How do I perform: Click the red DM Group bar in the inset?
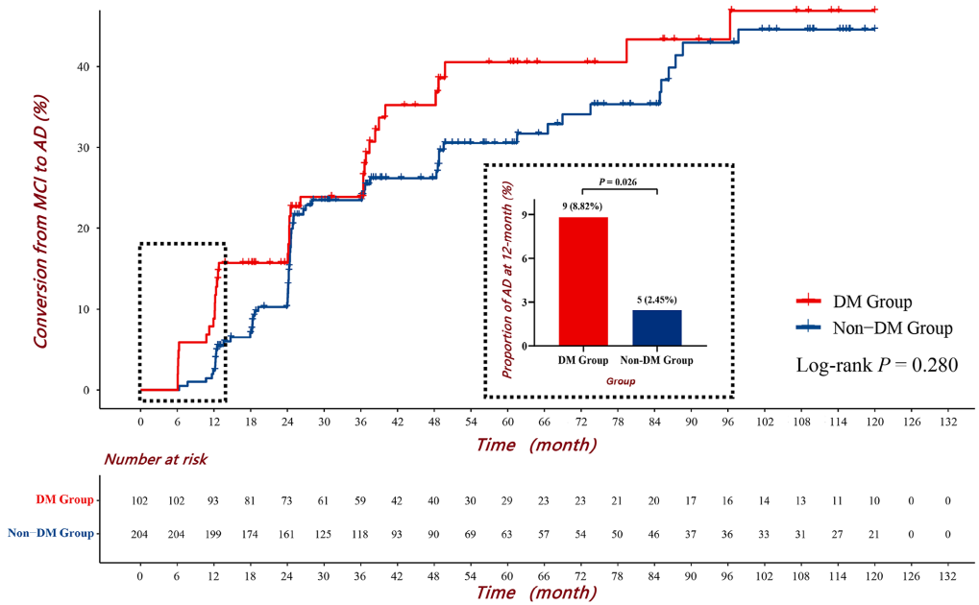[583, 280]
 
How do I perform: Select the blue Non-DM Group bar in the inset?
[657, 327]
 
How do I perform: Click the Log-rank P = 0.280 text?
[877, 365]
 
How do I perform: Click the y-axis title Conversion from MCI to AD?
[42, 221]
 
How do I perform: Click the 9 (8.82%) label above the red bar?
[583, 206]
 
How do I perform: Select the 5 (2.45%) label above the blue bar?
[657, 300]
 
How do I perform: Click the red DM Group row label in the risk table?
[65, 499]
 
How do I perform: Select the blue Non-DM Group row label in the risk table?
[51, 533]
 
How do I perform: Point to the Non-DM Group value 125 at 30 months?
[324, 534]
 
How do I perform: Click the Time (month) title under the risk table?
[534, 592]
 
